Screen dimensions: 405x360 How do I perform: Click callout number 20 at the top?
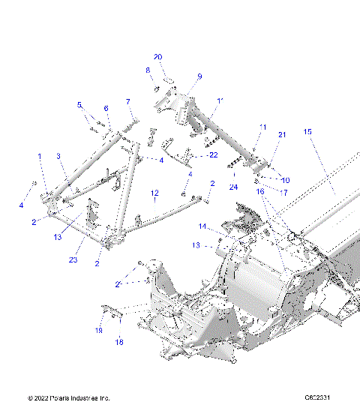click(157, 57)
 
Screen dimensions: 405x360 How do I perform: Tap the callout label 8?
click(148, 70)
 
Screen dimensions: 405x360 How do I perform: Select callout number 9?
click(199, 76)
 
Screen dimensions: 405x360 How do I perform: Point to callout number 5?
click(79, 105)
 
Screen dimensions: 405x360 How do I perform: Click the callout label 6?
click(106, 108)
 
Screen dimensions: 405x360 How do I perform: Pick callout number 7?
click(127, 101)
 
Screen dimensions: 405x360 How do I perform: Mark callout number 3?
click(58, 156)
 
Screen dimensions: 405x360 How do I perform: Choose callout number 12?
click(154, 193)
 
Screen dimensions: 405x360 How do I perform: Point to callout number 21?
click(282, 134)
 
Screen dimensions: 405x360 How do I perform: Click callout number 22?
click(214, 155)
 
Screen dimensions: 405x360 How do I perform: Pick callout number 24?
click(233, 186)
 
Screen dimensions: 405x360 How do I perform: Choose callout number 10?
click(285, 180)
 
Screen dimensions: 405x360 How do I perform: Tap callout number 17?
click(285, 192)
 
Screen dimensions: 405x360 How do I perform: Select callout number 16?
click(260, 192)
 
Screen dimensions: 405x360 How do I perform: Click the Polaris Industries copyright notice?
click(68, 397)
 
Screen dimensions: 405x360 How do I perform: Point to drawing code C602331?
click(319, 397)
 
